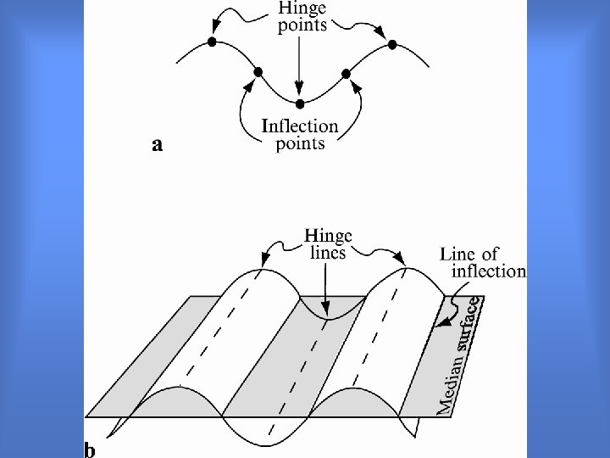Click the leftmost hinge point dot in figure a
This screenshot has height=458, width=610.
pyautogui.click(x=211, y=42)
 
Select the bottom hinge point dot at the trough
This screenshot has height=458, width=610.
pyautogui.click(x=299, y=103)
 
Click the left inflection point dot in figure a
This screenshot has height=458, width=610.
pyautogui.click(x=258, y=71)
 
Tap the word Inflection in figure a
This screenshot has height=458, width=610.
pyautogui.click(x=300, y=126)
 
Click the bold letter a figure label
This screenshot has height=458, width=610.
pyautogui.click(x=157, y=146)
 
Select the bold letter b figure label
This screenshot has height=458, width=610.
pyautogui.click(x=89, y=450)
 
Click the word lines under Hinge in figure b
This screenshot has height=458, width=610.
pyautogui.click(x=327, y=253)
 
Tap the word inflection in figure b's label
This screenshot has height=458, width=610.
pyautogui.click(x=489, y=271)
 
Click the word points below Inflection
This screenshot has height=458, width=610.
pyautogui.click(x=301, y=143)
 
